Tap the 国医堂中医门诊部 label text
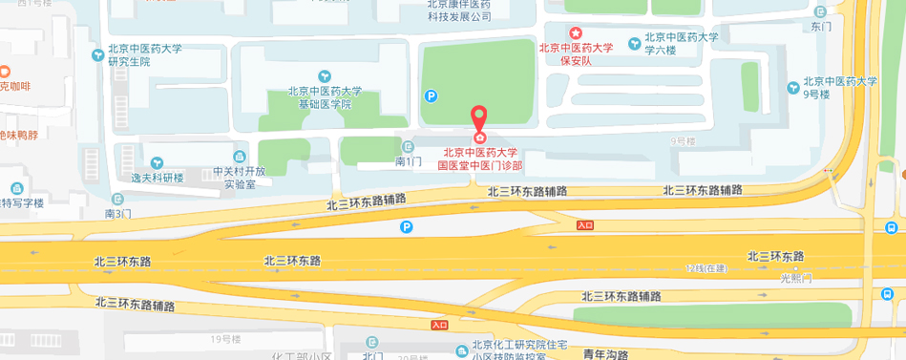(x=480, y=165)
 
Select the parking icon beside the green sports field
(x=431, y=95)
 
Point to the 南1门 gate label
(x=408, y=162)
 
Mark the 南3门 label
(x=118, y=213)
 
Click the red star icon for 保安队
(x=575, y=33)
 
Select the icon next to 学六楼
(x=635, y=43)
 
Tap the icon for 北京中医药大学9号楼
(x=793, y=88)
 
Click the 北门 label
(x=372, y=355)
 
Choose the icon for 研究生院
(x=99, y=54)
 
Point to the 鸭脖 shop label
(x=19, y=135)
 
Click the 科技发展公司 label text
(x=458, y=16)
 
